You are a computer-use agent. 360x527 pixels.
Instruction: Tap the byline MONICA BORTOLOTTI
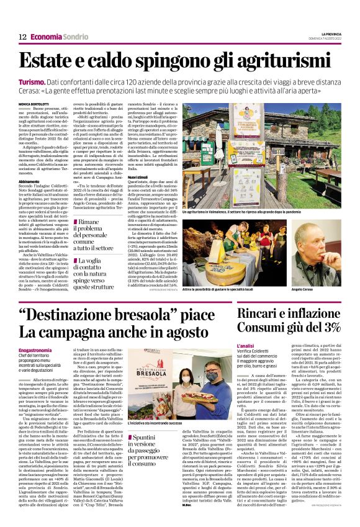[34, 104]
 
